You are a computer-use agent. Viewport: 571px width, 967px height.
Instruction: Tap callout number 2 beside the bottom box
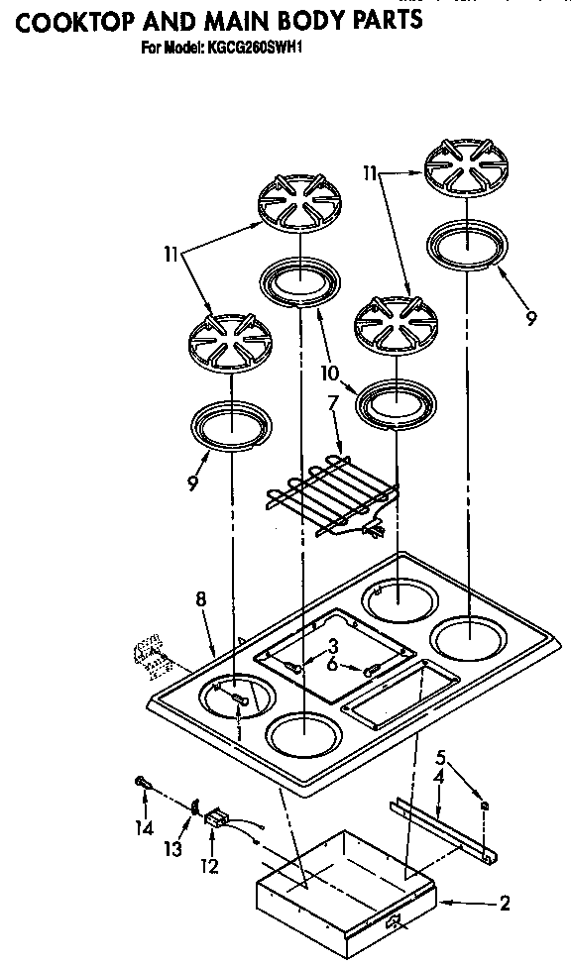coord(506,903)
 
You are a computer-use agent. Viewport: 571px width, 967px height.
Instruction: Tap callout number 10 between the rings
coord(329,373)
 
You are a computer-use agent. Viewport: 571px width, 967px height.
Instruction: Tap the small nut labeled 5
coord(485,805)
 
